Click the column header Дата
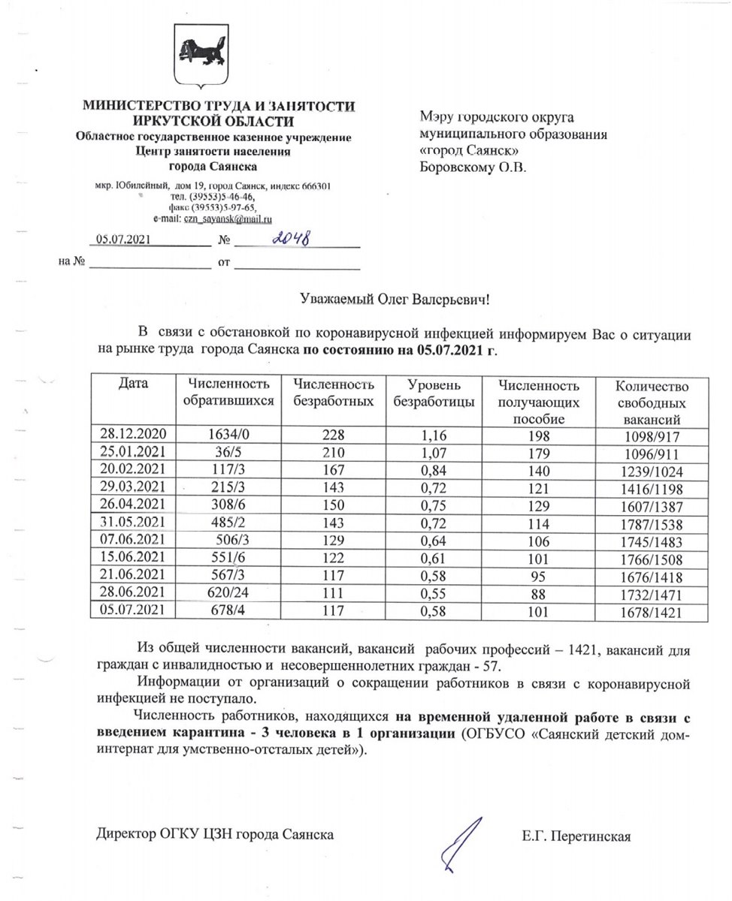pyautogui.click(x=132, y=385)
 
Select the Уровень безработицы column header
pyautogui.click(x=434, y=393)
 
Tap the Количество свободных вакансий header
pyautogui.click(x=651, y=402)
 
